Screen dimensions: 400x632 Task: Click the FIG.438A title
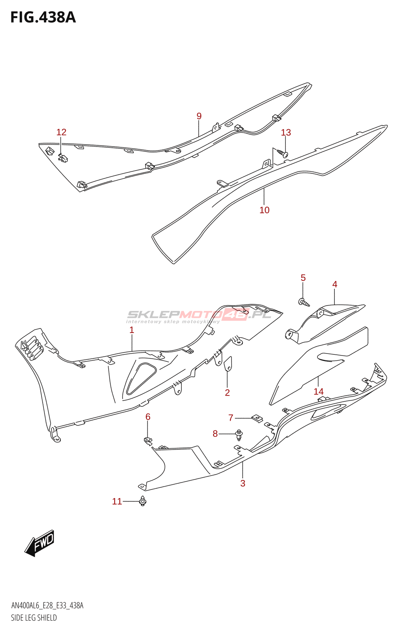[x=43, y=17]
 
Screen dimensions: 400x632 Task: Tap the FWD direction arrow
[x=40, y=543]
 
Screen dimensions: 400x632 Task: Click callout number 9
[x=199, y=116]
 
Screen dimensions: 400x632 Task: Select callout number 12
[x=61, y=132]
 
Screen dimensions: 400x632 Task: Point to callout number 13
[x=286, y=133]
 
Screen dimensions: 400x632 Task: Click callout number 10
[x=264, y=210]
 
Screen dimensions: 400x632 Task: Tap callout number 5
[x=303, y=278]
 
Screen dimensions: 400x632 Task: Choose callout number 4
[x=335, y=284]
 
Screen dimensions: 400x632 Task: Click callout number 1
[x=132, y=330]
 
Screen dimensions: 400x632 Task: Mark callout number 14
[x=319, y=391]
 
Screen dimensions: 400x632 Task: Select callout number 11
[x=117, y=501]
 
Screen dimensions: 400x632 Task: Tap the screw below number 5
[x=304, y=303]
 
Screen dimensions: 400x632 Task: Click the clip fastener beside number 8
[x=239, y=435]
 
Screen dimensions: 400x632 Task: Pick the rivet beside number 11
[x=143, y=501]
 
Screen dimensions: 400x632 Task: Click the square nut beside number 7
[x=257, y=418]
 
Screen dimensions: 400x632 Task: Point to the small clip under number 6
[x=148, y=440]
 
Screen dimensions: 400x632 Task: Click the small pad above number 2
[x=228, y=364]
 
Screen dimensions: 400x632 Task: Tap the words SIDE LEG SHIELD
[x=34, y=618]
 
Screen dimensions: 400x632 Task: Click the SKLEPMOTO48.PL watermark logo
[x=199, y=315]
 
